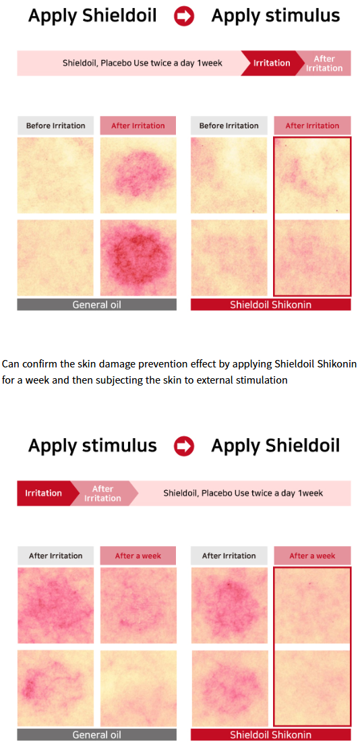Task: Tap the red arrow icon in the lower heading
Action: coord(184,446)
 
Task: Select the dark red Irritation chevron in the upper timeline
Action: coord(271,63)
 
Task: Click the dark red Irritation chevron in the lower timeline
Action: coord(44,493)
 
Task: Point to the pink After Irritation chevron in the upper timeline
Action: coord(325,63)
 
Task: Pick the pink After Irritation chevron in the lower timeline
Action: coord(102,493)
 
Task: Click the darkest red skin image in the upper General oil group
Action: coord(138,258)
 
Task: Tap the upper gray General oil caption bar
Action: coord(96,304)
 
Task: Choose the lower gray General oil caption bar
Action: coord(96,734)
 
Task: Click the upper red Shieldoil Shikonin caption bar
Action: coord(271,304)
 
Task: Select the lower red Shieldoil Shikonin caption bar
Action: coord(271,734)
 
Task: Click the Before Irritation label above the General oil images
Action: coord(55,125)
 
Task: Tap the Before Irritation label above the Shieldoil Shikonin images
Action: coord(229,125)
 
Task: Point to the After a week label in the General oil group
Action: coord(138,556)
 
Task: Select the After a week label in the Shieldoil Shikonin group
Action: coord(312,556)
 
